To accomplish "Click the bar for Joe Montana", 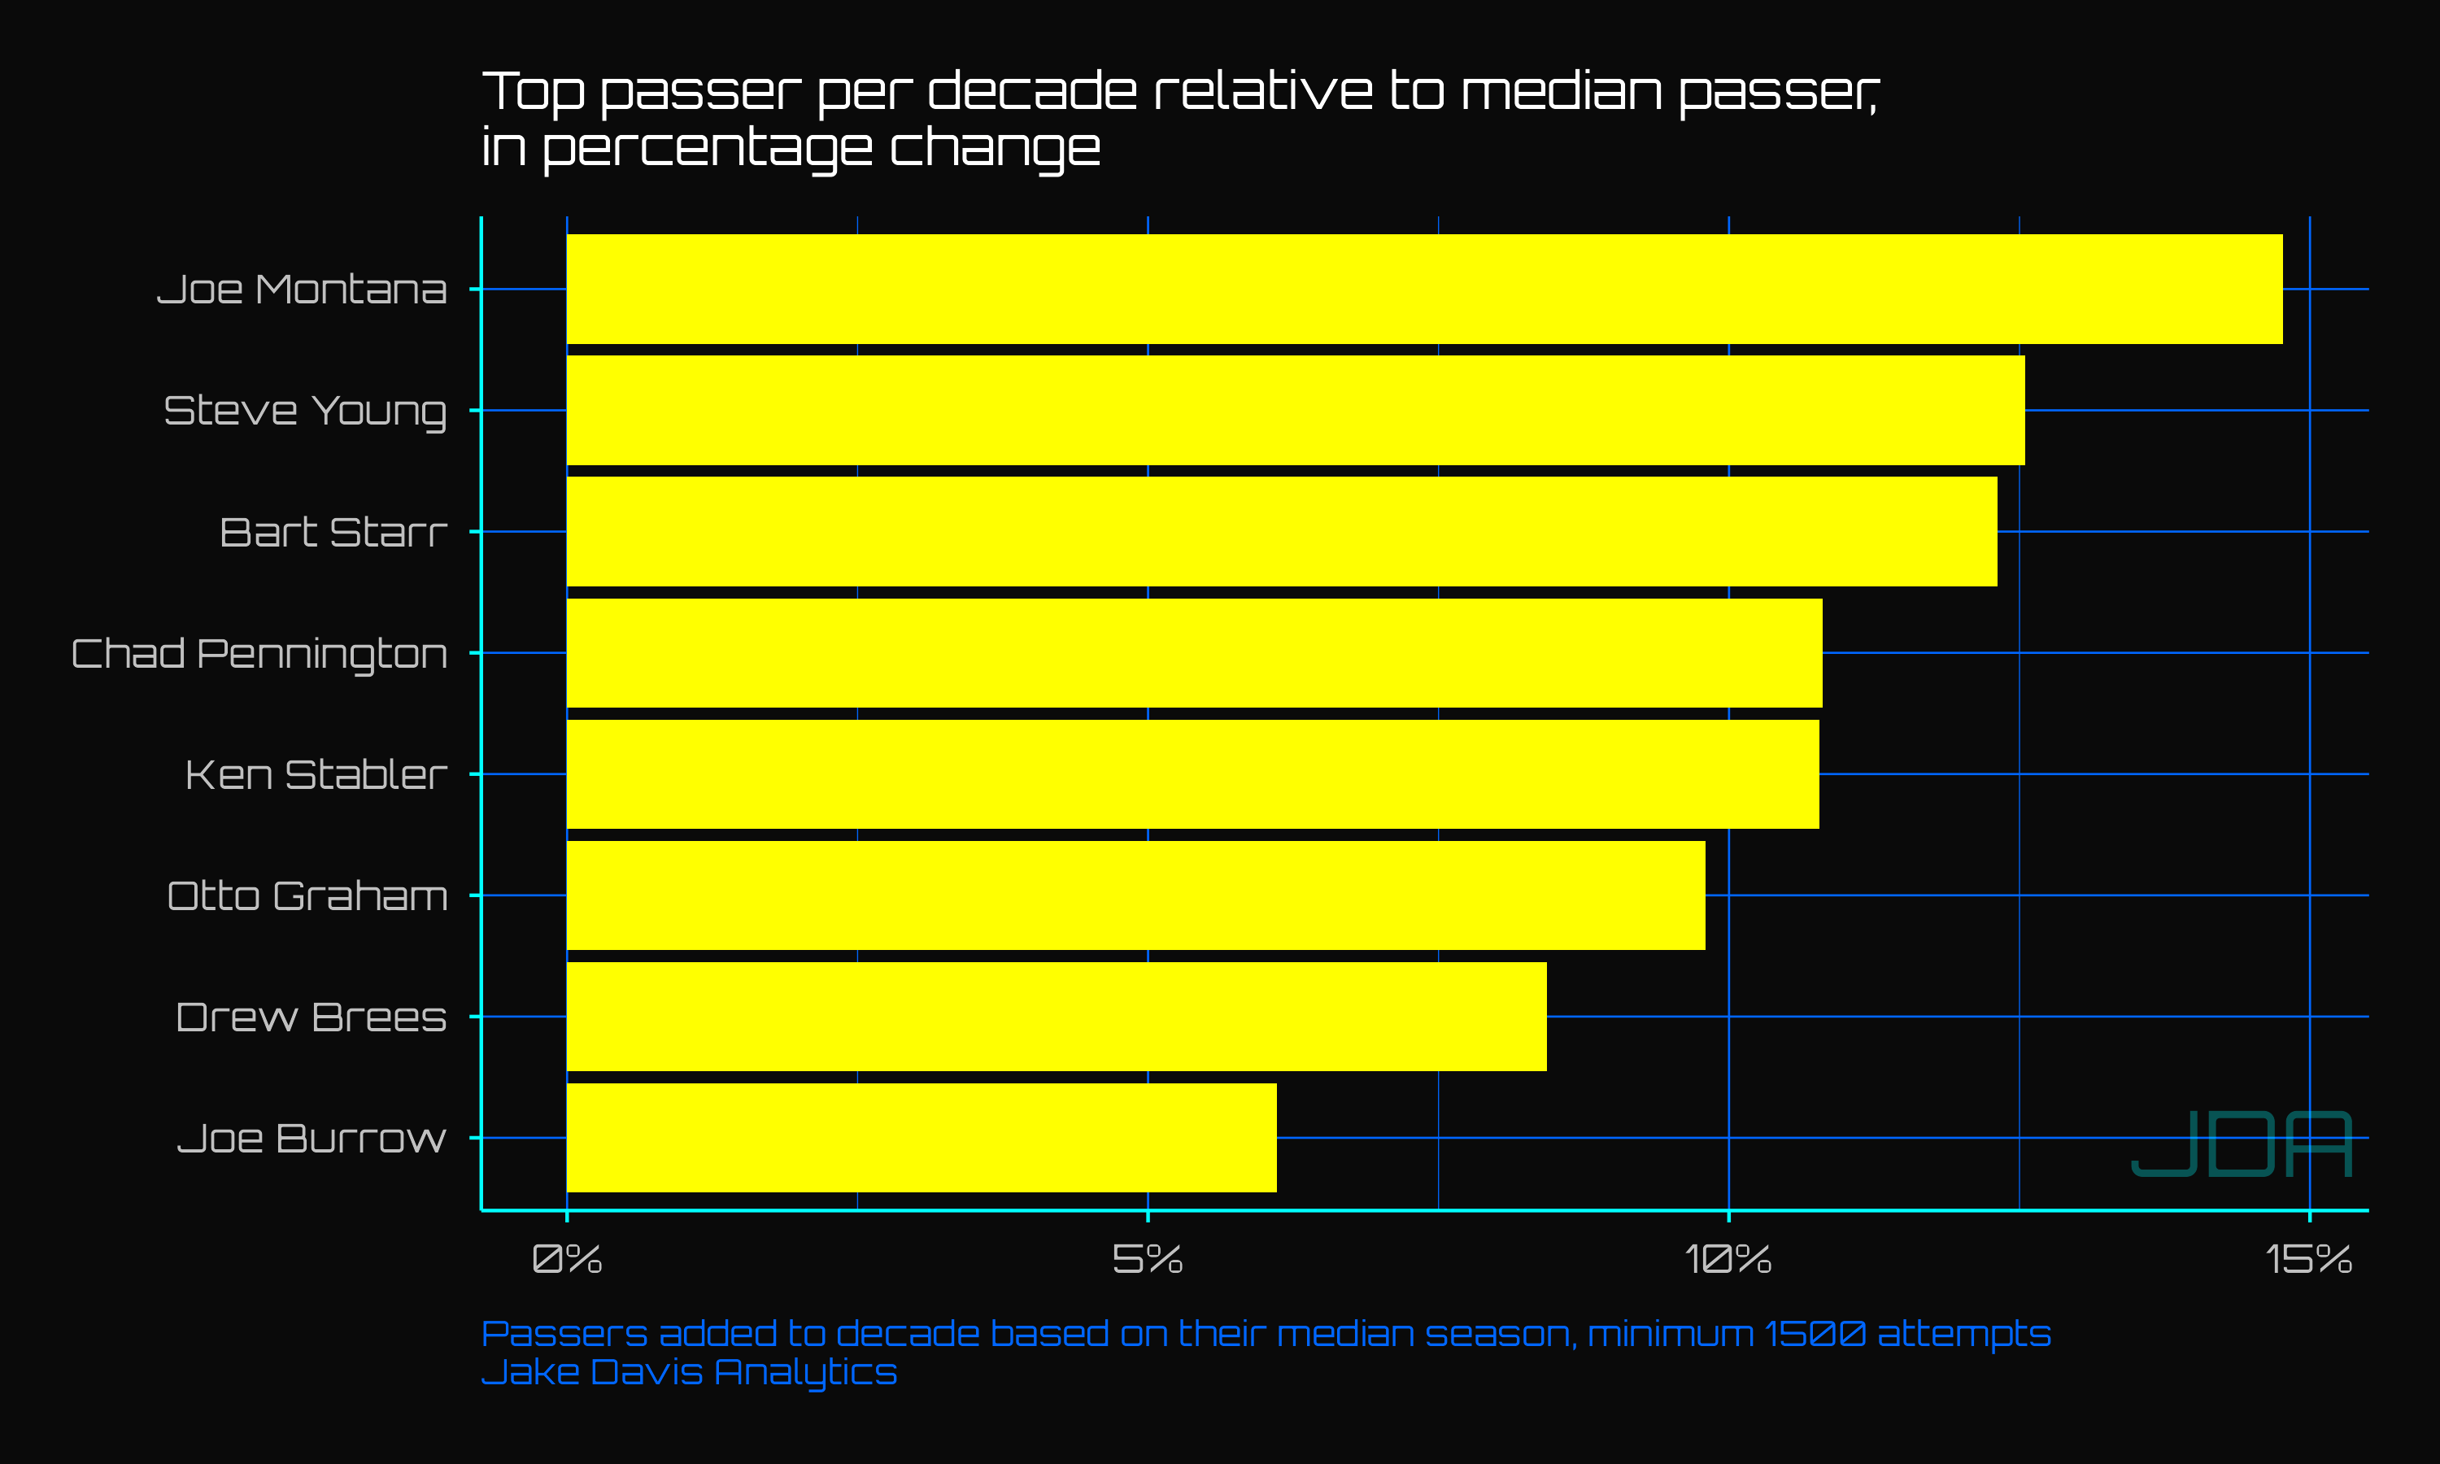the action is (1424, 289).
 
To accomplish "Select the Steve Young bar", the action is (1296, 411).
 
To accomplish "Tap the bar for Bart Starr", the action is (1282, 532).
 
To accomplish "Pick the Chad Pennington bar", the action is (1194, 653).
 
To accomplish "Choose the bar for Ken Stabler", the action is (1193, 774).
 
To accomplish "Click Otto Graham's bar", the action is (1136, 895).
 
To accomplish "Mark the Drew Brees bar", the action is (1057, 1016).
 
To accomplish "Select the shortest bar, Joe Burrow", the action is (922, 1138).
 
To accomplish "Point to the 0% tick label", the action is (567, 1259).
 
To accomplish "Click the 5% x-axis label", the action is (1148, 1259).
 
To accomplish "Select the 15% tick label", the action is (2310, 1259).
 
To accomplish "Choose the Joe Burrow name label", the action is (312, 1139).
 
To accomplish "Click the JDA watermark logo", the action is (2242, 1144).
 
